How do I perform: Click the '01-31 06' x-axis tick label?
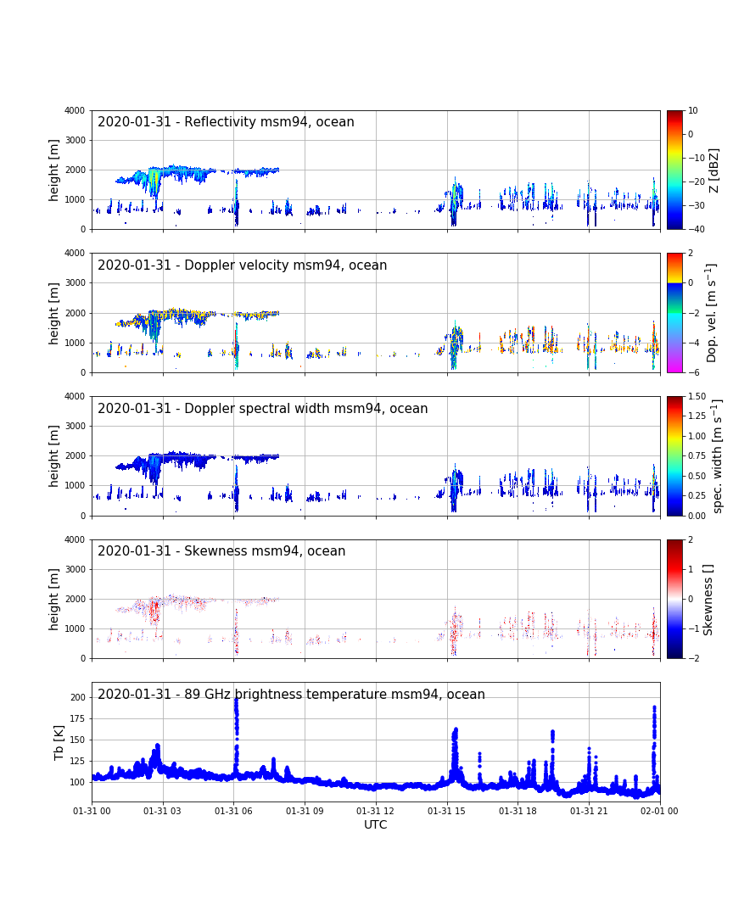pos(234,812)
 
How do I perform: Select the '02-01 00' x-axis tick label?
pos(660,812)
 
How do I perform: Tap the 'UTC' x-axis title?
pos(376,825)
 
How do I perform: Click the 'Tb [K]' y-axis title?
pos(59,742)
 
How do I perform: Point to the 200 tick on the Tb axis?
pos(79,697)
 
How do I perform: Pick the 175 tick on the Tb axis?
pos(79,718)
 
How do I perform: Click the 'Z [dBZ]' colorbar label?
pos(714,170)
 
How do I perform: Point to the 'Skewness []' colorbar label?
pos(709,599)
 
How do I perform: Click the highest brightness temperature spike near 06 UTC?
pos(236,699)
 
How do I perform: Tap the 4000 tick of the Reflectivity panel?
pos(74,110)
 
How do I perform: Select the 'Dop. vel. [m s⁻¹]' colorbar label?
pos(713,312)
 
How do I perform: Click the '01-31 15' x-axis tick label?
pos(447,812)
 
